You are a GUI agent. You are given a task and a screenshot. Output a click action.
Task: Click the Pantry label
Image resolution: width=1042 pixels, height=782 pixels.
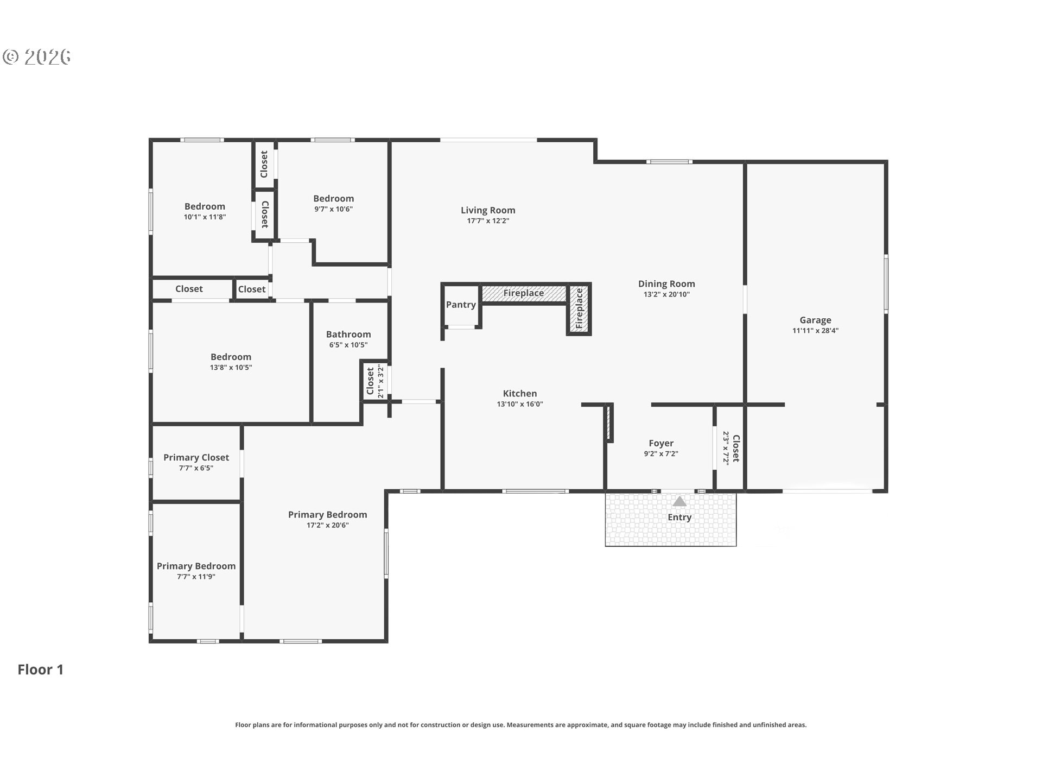pos(461,305)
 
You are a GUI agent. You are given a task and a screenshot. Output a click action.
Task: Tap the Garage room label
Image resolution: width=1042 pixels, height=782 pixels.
pos(815,320)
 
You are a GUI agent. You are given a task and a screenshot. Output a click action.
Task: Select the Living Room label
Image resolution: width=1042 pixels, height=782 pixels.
pos(488,210)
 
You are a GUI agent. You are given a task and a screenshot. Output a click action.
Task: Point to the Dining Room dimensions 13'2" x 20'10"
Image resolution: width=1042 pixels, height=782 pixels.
pos(666,294)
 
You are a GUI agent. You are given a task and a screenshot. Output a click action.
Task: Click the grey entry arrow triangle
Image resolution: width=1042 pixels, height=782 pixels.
pos(679,501)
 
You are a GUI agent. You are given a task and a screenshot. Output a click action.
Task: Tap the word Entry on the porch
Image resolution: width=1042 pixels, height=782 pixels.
pos(679,518)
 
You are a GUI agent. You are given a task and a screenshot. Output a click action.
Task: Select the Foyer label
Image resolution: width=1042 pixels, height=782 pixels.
pos(661,443)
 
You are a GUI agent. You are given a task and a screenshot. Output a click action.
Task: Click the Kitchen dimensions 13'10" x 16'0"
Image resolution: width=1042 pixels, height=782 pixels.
pos(520,404)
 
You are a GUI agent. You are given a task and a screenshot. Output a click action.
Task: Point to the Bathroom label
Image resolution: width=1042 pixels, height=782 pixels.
pos(348,335)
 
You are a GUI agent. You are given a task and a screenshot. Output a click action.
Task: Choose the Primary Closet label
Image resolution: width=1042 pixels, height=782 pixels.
pos(196,458)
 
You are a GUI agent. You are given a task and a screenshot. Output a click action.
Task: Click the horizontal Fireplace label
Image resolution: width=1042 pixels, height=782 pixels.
pos(523,293)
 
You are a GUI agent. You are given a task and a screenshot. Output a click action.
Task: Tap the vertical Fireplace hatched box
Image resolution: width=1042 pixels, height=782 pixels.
pos(579,308)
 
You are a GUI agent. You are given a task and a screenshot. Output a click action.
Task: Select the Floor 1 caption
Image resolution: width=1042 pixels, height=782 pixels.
pos(41,670)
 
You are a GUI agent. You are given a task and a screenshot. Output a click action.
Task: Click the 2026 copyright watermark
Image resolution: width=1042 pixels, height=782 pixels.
pos(37,57)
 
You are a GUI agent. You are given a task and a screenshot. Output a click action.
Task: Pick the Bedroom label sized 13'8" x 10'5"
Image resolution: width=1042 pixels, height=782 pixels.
pos(231,357)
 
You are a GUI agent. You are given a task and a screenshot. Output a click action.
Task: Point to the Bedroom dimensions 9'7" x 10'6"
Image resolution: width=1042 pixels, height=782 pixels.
pos(333,209)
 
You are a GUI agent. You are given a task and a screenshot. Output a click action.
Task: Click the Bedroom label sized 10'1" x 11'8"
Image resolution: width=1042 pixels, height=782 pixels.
pos(205,206)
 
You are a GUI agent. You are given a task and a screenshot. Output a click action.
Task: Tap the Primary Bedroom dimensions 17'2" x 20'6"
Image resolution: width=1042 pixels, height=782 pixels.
pos(327,525)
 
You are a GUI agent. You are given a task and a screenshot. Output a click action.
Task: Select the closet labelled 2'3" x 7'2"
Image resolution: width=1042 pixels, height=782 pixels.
pos(731,448)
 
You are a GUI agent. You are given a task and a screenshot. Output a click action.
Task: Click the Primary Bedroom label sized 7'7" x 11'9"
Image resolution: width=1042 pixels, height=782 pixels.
pos(196,566)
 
